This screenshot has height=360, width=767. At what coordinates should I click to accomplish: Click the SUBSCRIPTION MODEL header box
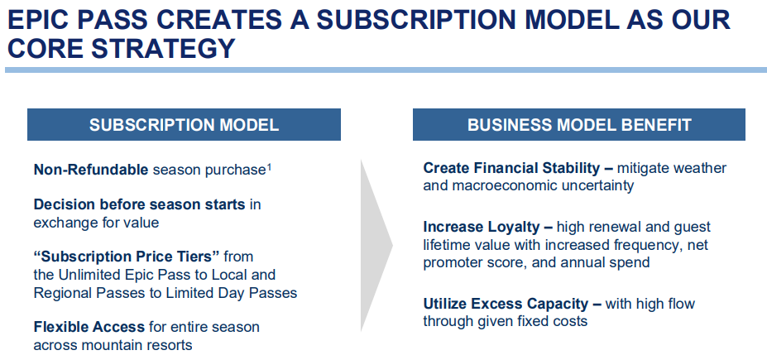184,125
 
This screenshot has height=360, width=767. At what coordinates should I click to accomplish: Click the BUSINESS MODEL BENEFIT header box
579,125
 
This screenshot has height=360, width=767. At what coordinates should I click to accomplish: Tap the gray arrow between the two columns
376,245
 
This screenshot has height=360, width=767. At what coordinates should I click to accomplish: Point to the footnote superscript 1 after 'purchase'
269,167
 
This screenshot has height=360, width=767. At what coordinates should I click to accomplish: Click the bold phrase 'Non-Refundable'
91,170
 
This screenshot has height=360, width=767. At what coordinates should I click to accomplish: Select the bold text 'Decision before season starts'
139,204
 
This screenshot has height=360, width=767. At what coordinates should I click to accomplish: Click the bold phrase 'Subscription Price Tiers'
127,257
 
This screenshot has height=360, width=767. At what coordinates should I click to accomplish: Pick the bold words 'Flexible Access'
89,327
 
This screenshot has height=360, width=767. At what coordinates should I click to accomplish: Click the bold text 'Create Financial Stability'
511,168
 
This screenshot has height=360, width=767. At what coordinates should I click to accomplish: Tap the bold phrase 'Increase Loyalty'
482,227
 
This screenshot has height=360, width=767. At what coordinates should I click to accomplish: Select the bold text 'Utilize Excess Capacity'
506,304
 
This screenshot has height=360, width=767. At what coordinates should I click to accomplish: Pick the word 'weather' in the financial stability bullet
700,168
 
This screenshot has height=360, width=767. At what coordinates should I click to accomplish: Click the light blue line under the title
386,70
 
